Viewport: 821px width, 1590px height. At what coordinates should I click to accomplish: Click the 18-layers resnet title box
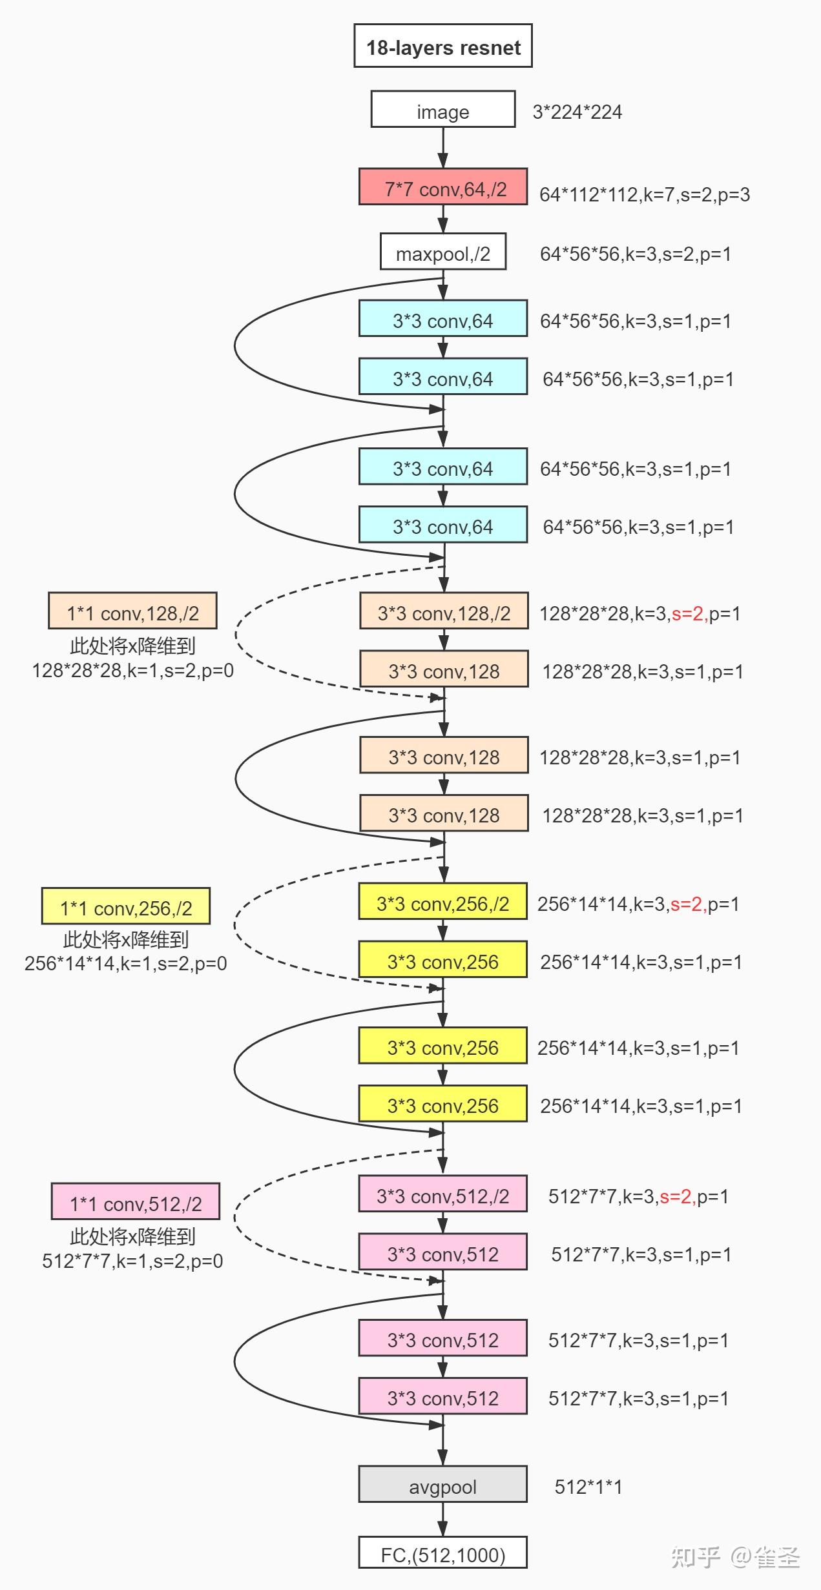click(442, 46)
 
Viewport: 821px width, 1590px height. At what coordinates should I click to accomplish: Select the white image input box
click(442, 110)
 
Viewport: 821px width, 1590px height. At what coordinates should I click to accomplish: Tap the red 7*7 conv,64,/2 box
click(443, 187)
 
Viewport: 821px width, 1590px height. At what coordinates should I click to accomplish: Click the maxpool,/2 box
click(442, 252)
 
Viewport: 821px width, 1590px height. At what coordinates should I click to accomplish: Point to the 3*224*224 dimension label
click(577, 112)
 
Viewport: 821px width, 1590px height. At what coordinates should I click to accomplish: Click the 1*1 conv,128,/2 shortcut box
click(132, 611)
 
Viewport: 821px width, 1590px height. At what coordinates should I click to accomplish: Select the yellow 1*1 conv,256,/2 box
click(126, 906)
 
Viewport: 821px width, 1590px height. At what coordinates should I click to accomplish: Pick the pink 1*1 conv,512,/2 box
click(136, 1202)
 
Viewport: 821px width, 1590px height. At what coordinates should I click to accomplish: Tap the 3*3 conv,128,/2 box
click(444, 611)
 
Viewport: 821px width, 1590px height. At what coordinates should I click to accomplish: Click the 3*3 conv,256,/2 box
click(442, 902)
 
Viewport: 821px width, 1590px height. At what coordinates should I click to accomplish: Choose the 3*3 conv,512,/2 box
click(442, 1194)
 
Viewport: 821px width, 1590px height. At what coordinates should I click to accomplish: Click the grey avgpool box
click(442, 1485)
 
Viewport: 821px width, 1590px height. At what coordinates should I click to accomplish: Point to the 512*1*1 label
click(588, 1487)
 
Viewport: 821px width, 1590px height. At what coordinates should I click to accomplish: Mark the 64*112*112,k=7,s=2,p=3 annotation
click(645, 195)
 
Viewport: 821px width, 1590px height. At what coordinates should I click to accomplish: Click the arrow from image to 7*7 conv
click(443, 148)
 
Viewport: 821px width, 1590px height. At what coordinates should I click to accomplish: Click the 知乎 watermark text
click(695, 1558)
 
